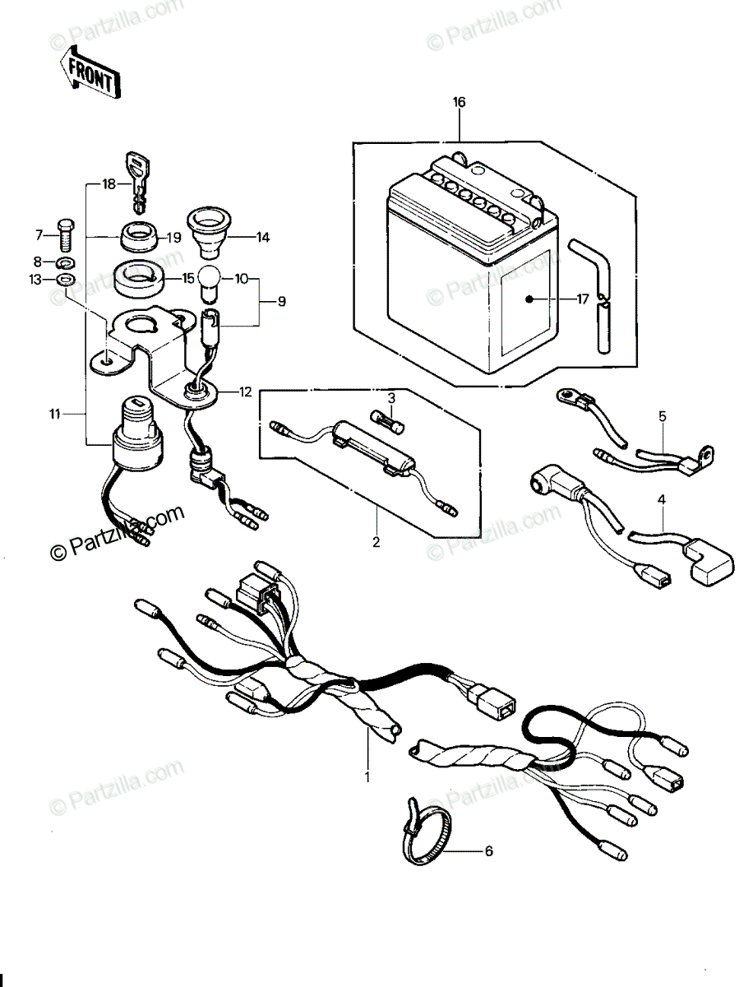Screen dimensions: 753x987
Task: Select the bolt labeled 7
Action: pos(66,234)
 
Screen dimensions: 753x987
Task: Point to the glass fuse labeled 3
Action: pos(388,422)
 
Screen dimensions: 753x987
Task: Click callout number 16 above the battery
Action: pos(460,102)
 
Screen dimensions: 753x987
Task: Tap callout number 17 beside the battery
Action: pos(582,299)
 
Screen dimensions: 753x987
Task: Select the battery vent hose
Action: pos(591,296)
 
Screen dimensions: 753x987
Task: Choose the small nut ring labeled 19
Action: pos(138,237)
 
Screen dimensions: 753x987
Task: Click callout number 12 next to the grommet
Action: pos(245,392)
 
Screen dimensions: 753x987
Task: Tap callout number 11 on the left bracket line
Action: pos(54,414)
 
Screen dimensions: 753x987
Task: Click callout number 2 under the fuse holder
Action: pos(376,542)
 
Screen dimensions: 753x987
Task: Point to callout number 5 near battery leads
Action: pos(663,416)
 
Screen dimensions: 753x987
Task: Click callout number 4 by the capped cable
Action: pos(662,499)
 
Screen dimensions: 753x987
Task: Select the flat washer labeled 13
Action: pos(66,280)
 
